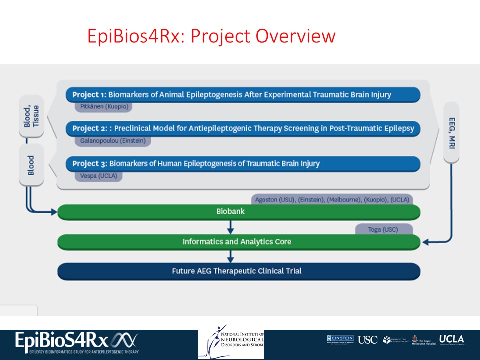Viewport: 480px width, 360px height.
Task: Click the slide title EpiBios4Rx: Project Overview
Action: pyautogui.click(x=211, y=36)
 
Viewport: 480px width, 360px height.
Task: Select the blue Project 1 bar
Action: pyautogui.click(x=243, y=94)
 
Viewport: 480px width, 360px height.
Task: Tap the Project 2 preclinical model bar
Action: pyautogui.click(x=243, y=129)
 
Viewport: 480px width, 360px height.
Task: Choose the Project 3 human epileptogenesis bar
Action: pyautogui.click(x=243, y=163)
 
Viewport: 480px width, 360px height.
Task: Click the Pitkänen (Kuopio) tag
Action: pyautogui.click(x=103, y=107)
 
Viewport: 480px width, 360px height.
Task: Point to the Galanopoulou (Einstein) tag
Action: pyautogui.click(x=113, y=141)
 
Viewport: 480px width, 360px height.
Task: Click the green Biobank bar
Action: pyautogui.click(x=239, y=212)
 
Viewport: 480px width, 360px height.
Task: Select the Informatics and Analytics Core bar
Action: pyautogui.click(x=239, y=242)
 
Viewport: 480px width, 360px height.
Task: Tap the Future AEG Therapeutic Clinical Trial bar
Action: pyautogui.click(x=239, y=271)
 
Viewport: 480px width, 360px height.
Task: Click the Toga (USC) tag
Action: pyautogui.click(x=384, y=230)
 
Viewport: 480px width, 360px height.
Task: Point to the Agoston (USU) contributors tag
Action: pyautogui.click(x=332, y=200)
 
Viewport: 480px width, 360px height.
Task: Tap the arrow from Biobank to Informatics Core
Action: pyautogui.click(x=230, y=227)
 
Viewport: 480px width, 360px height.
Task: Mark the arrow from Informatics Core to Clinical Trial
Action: pyautogui.click(x=230, y=257)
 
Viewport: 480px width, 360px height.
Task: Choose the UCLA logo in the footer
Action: pyautogui.click(x=451, y=339)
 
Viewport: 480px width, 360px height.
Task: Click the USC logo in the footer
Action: pyautogui.click(x=367, y=340)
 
